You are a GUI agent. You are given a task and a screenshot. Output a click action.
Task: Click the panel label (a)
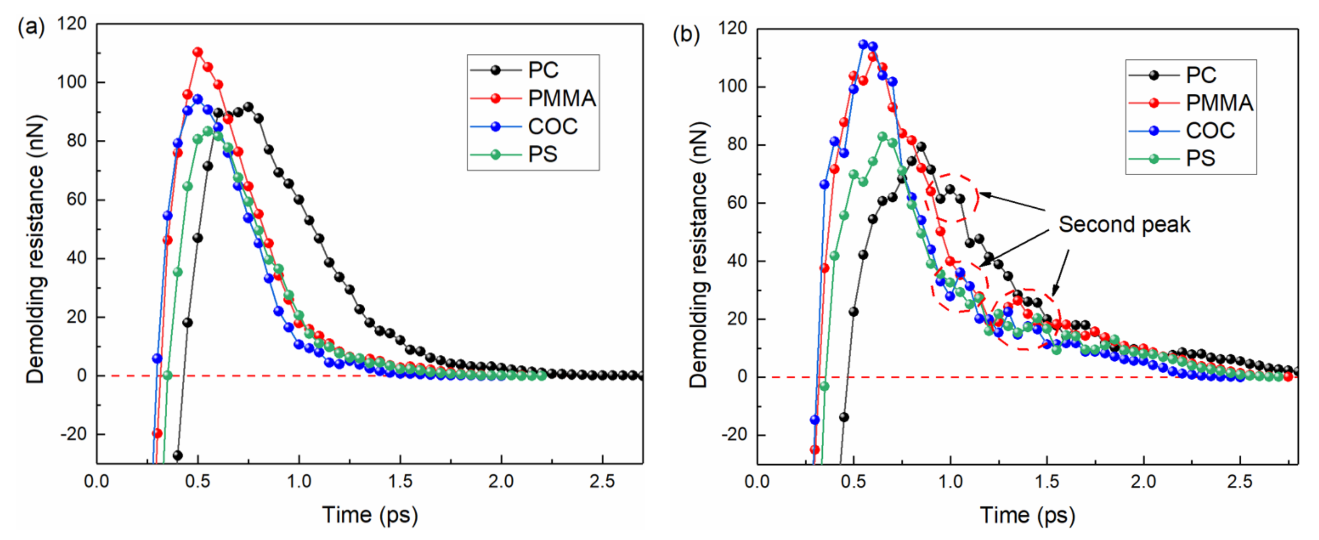[x=31, y=27]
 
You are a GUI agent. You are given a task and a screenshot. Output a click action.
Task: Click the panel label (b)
[x=686, y=35]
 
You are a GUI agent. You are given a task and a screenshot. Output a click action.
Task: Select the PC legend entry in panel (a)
[x=543, y=71]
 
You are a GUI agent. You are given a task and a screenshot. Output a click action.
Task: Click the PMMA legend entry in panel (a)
[x=562, y=98]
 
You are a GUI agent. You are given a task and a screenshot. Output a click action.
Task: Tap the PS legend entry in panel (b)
[x=1200, y=158]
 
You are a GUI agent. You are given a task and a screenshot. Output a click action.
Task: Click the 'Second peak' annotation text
[x=1124, y=225]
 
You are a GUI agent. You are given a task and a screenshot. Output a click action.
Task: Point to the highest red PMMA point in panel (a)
[x=198, y=52]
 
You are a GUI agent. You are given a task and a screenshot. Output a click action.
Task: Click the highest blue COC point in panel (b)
[x=863, y=45]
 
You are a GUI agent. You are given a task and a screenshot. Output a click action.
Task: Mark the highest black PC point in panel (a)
[x=248, y=107]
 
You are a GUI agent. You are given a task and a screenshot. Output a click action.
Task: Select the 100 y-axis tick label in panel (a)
[x=72, y=82]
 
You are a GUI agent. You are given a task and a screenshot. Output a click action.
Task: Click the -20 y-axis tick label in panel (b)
[x=734, y=435]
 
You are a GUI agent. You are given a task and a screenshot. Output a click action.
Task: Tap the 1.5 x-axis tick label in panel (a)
[x=399, y=482]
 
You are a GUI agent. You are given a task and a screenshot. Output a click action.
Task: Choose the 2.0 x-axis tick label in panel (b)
[x=1143, y=482]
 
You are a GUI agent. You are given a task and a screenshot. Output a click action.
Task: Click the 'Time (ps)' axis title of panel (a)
[x=370, y=514]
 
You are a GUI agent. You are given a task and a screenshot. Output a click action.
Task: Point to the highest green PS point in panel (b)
[x=882, y=137]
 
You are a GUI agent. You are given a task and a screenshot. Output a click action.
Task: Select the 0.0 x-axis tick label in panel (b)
[x=757, y=482]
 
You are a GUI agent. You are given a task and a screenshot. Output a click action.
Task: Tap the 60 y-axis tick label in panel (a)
[x=77, y=199]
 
